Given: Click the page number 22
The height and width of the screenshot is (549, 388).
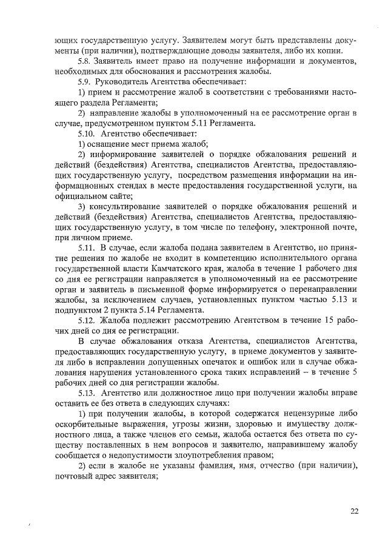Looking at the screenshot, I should [354, 510].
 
